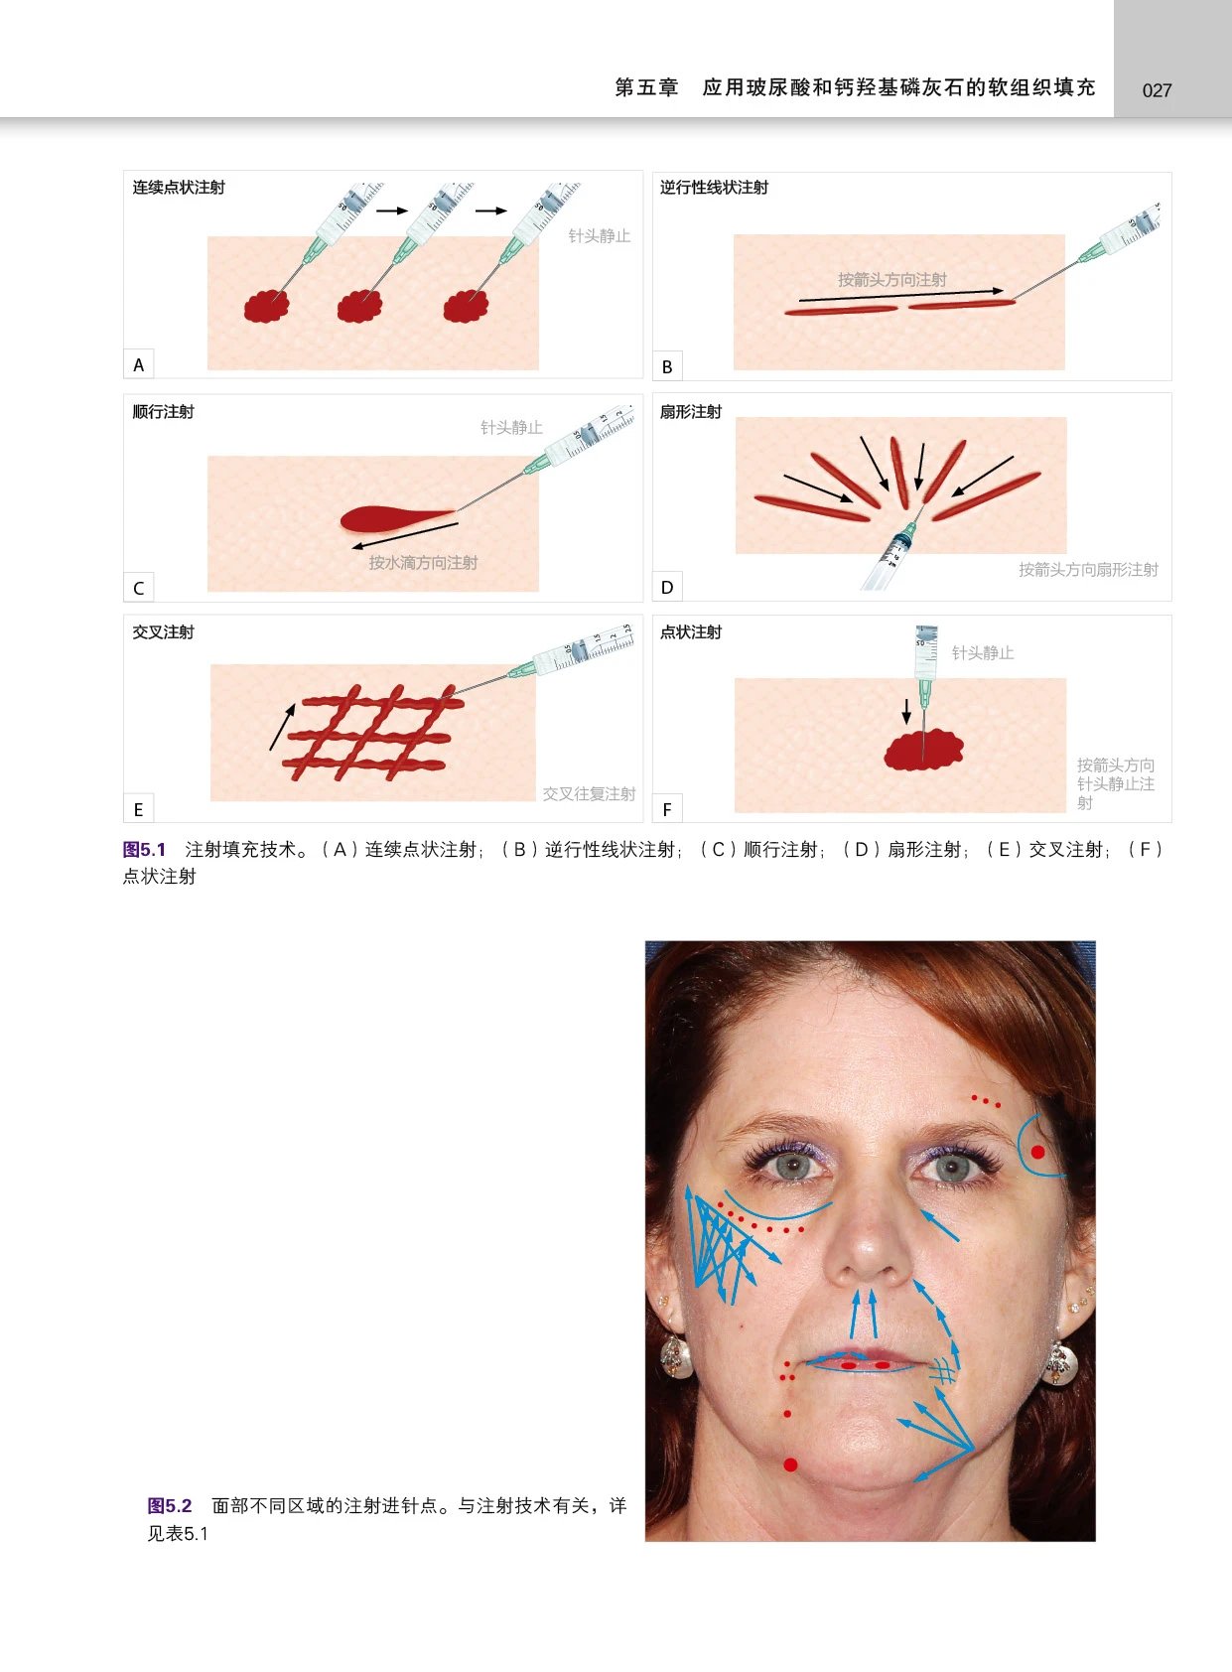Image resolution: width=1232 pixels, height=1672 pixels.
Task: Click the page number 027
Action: pos(1157,90)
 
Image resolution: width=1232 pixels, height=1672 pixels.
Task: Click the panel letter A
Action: pos(139,364)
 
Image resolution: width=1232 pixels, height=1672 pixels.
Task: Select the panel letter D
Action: pos(667,587)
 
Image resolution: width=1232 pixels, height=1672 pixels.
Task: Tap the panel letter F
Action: pos(667,809)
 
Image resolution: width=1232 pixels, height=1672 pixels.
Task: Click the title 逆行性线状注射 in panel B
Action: pos(714,188)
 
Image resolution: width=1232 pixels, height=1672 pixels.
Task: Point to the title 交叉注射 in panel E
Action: pos(164,632)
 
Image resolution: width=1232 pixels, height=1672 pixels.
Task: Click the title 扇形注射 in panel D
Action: pos(691,412)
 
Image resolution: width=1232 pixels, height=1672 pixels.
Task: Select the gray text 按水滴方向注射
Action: pos(423,563)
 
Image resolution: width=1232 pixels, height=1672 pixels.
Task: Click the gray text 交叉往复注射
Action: pos(589,793)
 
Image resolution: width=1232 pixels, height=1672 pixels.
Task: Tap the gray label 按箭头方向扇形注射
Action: pos(1088,570)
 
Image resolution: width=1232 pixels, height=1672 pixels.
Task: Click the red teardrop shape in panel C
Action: pos(387,517)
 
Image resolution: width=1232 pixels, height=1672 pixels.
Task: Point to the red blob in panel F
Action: pos(923,751)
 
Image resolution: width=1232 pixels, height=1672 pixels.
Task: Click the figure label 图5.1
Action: pos(145,850)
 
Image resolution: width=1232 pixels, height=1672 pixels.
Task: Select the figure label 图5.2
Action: pos(170,1506)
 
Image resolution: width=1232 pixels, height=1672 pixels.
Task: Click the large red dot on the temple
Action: pos(1037,1152)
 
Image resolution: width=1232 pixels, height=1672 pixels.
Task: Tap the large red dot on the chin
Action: pos(790,1464)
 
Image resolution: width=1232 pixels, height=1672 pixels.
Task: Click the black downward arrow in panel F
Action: pos(905,711)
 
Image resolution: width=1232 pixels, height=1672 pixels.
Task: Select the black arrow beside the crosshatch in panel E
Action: pos(282,727)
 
